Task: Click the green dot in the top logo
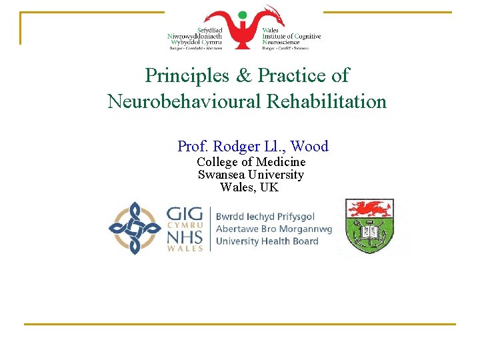tap(243, 15)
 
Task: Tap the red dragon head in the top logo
tap(272, 12)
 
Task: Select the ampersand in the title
tap(243, 76)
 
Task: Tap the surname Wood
tap(310, 146)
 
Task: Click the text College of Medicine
tap(251, 162)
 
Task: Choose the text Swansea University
tap(251, 175)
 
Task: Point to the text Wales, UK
tap(249, 187)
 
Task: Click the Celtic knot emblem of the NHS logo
tap(135, 228)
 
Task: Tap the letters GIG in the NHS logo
tap(185, 215)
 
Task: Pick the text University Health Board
tap(267, 241)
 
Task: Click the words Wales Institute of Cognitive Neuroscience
tap(291, 37)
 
